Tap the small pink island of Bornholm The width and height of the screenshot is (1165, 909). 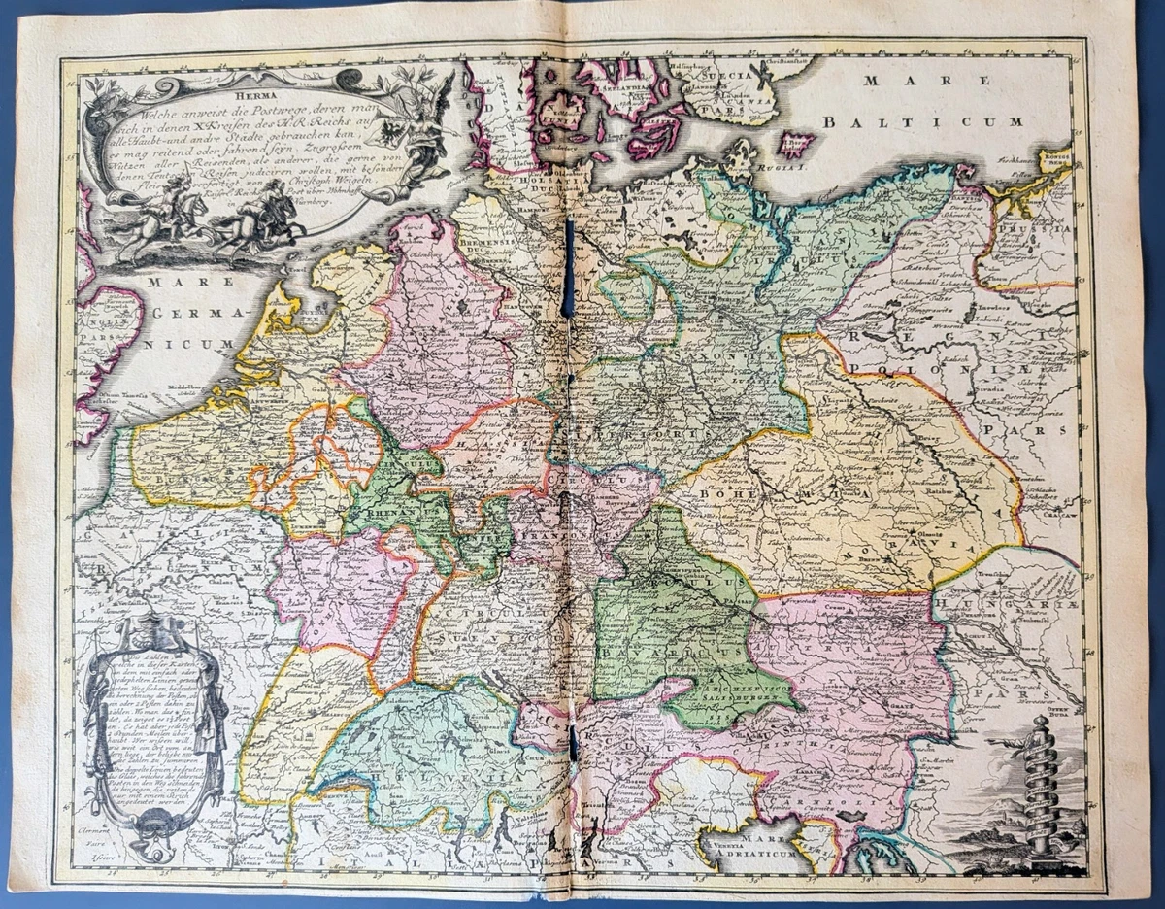tap(795, 145)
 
